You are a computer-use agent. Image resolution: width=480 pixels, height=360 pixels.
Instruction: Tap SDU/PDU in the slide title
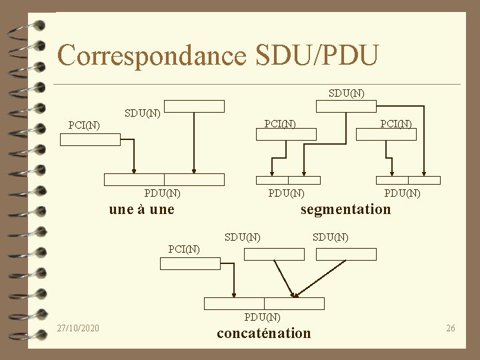coord(317,55)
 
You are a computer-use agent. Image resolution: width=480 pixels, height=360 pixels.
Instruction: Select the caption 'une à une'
coord(141,209)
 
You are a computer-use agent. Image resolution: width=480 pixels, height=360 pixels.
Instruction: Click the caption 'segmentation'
coord(345,209)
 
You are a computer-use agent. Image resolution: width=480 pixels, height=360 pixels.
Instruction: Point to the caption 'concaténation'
coord(263,333)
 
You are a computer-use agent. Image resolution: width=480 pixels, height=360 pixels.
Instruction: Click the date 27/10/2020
coord(78,328)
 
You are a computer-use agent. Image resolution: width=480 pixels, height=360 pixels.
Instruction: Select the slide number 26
coord(451,328)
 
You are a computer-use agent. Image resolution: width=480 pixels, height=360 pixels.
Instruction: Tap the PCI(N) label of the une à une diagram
coord(85,125)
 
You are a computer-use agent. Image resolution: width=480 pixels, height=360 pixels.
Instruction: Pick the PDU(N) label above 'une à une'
coord(163,193)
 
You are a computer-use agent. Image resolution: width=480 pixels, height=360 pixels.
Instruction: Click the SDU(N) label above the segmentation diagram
coord(347,92)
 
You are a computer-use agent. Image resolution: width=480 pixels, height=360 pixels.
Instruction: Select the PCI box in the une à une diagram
coord(90,139)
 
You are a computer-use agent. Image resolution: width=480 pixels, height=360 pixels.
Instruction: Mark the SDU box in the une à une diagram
coord(194,106)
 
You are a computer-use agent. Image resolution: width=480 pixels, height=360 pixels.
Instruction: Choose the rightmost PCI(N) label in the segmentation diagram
coord(395,123)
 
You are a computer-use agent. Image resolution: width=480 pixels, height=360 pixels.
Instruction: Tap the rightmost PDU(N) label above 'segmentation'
coord(402,193)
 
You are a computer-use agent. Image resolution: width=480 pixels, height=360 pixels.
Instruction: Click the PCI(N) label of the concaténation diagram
coord(184,249)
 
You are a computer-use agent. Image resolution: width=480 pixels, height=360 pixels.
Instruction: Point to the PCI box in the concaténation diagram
coord(190,263)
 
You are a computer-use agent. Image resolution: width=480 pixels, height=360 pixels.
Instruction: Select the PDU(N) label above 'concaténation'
coord(263,317)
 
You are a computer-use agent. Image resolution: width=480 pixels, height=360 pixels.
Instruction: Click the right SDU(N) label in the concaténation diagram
coord(331,237)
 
